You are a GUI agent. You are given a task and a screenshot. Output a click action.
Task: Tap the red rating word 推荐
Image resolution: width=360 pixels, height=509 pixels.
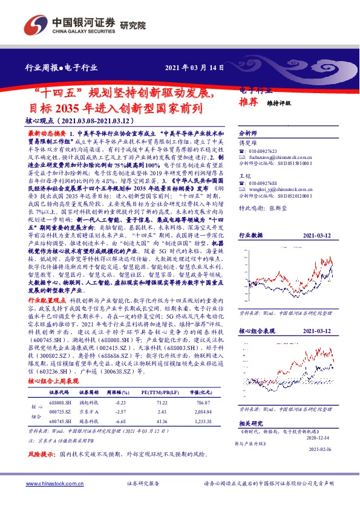pos(249,102)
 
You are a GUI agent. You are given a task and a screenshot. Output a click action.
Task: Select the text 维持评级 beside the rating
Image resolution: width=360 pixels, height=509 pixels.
pos(279,103)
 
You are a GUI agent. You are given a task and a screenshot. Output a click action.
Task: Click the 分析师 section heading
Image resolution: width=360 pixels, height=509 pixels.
pos(249,131)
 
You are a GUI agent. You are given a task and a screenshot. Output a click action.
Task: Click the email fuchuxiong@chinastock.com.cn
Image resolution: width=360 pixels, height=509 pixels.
pos(282,157)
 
